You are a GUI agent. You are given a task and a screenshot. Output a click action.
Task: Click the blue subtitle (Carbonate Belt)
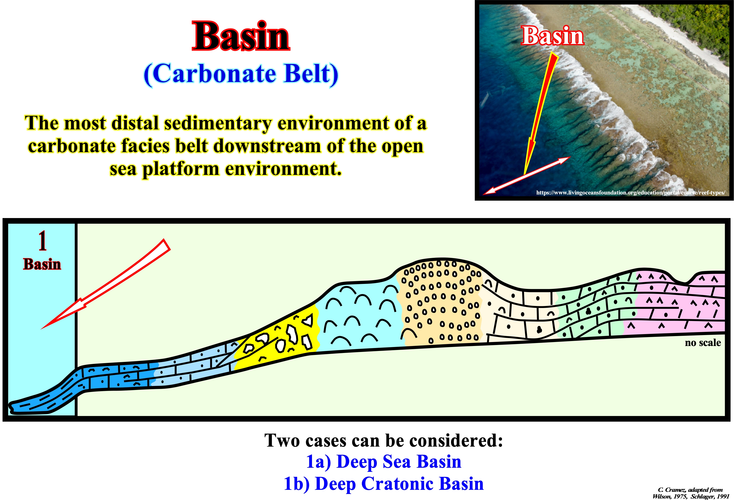pyautogui.click(x=241, y=74)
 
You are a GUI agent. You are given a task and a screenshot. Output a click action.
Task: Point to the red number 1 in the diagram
pyautogui.click(x=42, y=240)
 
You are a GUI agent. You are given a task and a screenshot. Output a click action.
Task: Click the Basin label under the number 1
pyautogui.click(x=42, y=264)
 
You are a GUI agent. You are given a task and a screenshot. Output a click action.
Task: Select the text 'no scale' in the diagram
pyautogui.click(x=703, y=343)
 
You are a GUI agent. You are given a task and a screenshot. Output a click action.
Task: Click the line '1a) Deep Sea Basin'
pyautogui.click(x=384, y=462)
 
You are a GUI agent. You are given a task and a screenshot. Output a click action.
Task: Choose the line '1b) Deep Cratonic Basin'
pyautogui.click(x=384, y=483)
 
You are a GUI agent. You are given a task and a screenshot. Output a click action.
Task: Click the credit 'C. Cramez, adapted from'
pyautogui.click(x=690, y=490)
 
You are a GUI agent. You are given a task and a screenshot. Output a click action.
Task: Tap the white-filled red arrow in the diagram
pyautogui.click(x=106, y=284)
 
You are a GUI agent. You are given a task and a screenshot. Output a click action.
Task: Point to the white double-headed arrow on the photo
pyautogui.click(x=527, y=175)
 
